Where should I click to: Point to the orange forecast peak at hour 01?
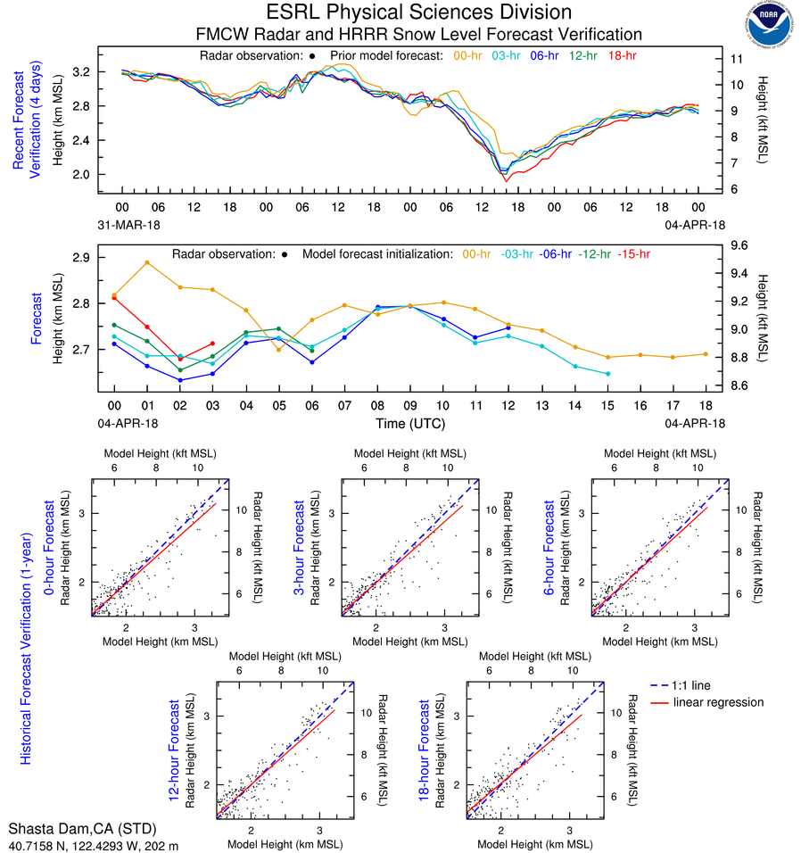coord(147,262)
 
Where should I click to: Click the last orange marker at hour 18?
coord(706,354)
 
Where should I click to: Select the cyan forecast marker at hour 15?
coord(607,374)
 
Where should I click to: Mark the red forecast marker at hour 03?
coord(212,344)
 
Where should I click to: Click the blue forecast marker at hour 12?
coord(508,327)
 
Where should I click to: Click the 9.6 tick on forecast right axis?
coord(739,245)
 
